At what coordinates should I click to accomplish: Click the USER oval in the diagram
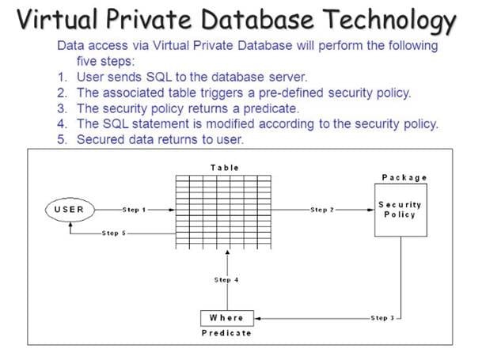click(70, 210)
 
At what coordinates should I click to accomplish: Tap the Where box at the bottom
click(226, 317)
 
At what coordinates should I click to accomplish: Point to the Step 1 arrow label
click(135, 210)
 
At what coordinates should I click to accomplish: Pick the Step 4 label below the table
click(227, 279)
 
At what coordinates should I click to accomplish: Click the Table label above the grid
click(224, 168)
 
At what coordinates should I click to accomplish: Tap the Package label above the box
click(404, 177)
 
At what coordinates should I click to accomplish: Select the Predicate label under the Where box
click(226, 333)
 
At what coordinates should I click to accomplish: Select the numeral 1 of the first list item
click(63, 78)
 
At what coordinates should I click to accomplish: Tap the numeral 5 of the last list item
click(63, 139)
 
